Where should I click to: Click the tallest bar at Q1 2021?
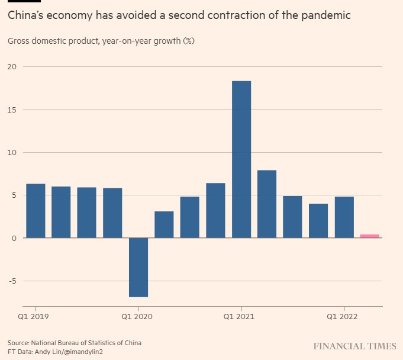241,159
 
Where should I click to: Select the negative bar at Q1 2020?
138,267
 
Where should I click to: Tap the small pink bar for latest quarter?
370,236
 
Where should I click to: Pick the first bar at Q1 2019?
36,211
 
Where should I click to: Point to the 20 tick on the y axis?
12,67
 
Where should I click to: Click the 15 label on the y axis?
12,110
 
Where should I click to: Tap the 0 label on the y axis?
14,238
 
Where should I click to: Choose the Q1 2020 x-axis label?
138,317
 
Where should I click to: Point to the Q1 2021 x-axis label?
240,317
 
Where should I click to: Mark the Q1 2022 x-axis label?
343,317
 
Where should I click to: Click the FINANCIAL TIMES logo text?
354,346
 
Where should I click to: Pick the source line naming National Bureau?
75,343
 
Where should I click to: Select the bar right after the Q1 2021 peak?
267,204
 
